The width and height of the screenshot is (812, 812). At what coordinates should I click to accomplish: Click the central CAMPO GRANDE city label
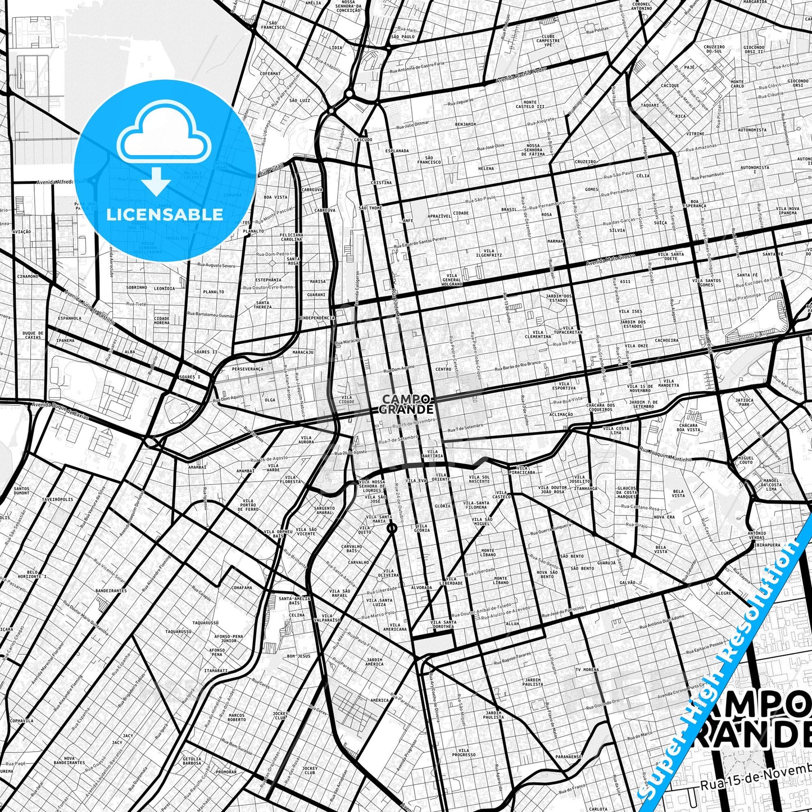(x=407, y=403)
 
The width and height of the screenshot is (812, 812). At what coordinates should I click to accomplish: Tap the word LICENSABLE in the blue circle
(x=165, y=214)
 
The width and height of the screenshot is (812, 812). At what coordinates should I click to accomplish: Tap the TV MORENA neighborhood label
(x=587, y=670)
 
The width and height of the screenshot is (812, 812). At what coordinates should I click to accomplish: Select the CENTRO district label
(x=443, y=369)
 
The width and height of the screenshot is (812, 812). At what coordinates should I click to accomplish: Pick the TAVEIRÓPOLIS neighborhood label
(x=57, y=499)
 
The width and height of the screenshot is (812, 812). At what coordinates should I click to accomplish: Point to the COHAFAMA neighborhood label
(x=241, y=588)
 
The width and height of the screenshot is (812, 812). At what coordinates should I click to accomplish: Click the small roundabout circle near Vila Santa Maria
(x=392, y=528)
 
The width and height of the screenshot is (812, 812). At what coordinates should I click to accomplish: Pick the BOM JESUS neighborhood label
(x=298, y=656)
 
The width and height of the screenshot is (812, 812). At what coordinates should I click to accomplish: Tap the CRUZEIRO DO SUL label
(x=713, y=48)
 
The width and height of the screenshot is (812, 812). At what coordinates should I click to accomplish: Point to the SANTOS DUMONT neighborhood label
(x=22, y=491)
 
